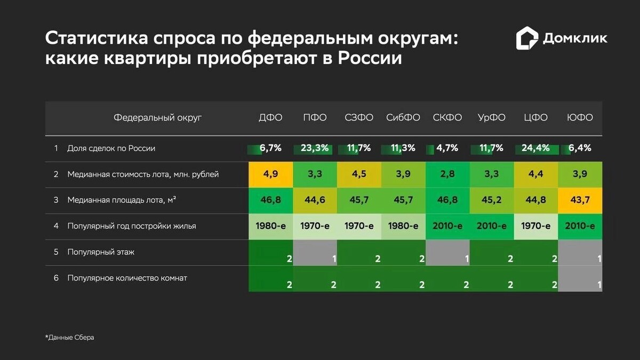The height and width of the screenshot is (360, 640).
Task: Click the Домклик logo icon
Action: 527,38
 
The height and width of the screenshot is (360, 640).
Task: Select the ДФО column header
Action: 270,118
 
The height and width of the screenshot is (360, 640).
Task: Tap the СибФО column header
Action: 403,118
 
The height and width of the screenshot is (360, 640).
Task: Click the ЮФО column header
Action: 580,118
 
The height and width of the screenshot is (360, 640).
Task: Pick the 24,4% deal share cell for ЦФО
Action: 535,148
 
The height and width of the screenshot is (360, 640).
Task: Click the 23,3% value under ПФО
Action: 315,148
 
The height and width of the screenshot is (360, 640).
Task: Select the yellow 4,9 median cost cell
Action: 270,174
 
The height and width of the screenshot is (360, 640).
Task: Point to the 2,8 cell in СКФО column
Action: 447,174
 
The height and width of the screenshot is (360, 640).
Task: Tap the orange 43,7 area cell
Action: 580,200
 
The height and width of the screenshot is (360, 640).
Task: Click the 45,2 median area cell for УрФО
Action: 492,200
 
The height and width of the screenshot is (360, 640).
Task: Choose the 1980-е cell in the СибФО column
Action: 403,226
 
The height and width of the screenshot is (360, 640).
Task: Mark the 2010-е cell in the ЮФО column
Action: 580,226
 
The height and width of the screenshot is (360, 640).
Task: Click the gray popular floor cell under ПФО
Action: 315,252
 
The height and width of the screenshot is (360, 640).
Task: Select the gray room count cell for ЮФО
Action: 580,278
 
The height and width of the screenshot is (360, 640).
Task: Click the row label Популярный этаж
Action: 101,252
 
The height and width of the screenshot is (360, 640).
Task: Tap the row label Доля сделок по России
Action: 111,148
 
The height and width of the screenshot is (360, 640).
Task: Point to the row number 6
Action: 55,278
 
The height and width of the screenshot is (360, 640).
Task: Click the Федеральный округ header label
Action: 158,118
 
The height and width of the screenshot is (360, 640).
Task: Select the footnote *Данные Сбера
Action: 69,338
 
